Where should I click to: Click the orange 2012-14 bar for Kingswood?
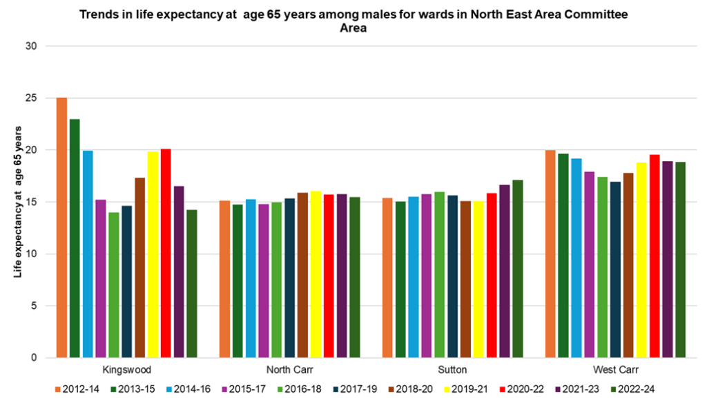(x=61, y=228)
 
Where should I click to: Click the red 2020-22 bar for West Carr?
(x=655, y=256)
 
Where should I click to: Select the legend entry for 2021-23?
(x=581, y=390)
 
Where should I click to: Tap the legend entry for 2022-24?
(x=637, y=390)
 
